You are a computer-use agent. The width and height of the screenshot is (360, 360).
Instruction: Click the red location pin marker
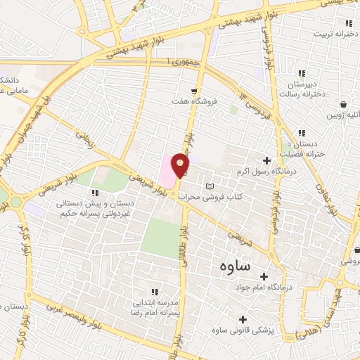[181, 165]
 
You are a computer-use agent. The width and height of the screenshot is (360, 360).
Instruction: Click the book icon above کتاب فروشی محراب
[209, 186]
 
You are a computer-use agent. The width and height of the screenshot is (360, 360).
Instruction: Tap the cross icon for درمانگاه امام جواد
[264, 276]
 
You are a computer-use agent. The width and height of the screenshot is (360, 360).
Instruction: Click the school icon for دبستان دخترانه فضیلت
[302, 132]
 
